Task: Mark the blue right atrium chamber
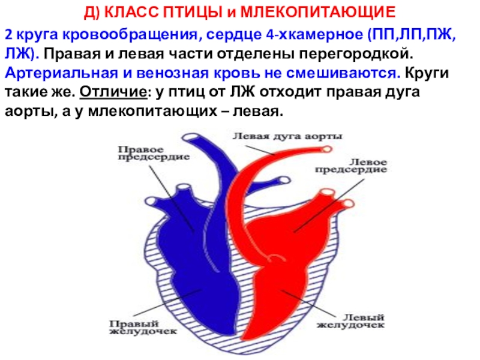pyautogui.click(x=180, y=216)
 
